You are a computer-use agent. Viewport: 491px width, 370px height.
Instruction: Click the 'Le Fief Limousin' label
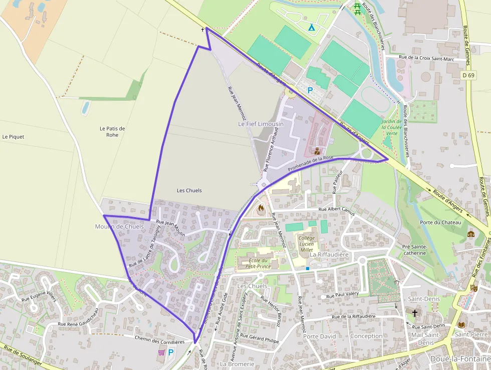[x=261, y=124]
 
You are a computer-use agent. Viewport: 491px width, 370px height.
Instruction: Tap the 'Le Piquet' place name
[x=13, y=137]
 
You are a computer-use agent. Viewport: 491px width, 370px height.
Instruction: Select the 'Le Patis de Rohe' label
[x=112, y=132]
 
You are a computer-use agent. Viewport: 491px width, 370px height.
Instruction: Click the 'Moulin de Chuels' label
[x=119, y=226]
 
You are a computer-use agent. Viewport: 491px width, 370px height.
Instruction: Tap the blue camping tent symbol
[x=311, y=27]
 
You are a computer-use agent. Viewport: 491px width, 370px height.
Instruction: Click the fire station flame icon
[x=261, y=208]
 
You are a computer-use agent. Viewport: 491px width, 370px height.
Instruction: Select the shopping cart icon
[x=161, y=352]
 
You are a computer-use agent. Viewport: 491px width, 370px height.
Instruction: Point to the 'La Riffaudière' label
[x=329, y=255]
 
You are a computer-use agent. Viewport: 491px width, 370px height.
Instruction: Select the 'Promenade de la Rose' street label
[x=311, y=164]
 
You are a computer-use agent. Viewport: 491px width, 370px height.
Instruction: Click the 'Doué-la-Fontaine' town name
[x=460, y=358]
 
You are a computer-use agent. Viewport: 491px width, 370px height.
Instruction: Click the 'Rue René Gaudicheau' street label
[x=82, y=324]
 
